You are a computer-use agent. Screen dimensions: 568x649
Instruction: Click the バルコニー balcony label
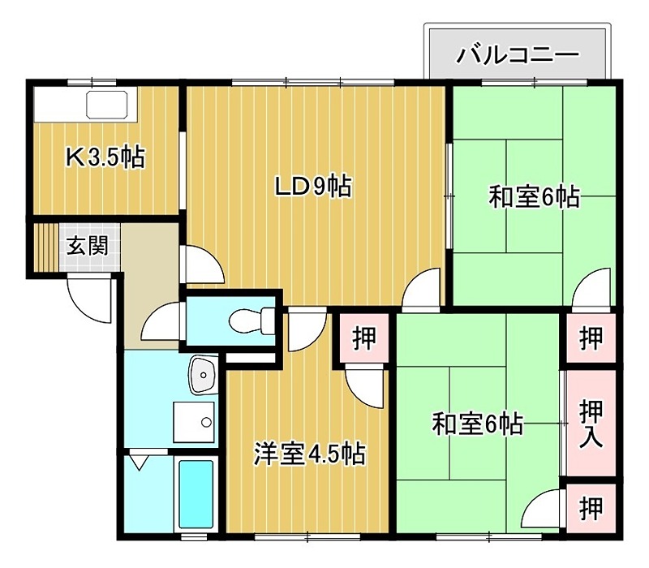point(518,54)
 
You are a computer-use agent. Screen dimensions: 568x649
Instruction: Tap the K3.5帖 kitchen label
point(105,157)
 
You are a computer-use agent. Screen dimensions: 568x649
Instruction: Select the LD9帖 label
point(312,187)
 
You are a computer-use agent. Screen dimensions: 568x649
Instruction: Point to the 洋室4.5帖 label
point(308,452)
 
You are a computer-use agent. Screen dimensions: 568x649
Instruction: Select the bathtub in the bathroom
point(196,494)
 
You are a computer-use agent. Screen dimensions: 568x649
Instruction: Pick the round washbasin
point(200,375)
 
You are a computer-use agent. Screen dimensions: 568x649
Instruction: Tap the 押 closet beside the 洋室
point(364,338)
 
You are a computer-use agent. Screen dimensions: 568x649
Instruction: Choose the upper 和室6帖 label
point(534,196)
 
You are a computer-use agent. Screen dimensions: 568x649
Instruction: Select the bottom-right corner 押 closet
point(591,509)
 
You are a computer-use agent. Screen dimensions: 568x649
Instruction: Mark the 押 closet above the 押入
point(591,338)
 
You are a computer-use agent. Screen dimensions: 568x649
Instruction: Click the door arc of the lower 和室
point(543,512)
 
